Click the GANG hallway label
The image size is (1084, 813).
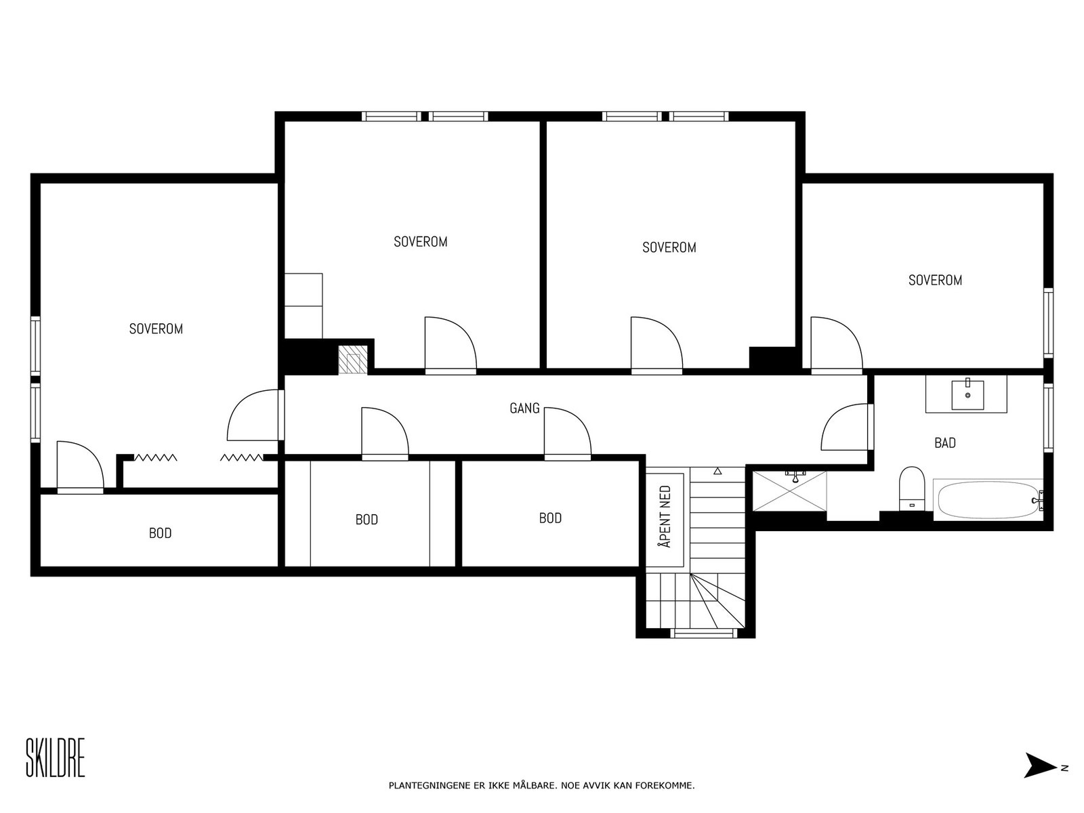tap(524, 409)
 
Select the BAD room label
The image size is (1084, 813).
tap(944, 443)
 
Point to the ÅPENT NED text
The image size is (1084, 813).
tap(666, 516)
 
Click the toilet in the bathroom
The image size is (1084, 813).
tap(912, 488)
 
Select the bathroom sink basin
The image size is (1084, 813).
tap(967, 394)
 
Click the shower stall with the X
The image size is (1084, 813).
tap(789, 491)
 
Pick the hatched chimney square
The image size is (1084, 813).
tap(352, 360)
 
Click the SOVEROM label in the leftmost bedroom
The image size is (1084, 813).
tap(156, 329)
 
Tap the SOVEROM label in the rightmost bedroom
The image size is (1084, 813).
tap(936, 280)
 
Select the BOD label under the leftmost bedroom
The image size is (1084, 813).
tap(161, 533)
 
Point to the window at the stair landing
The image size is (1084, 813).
tap(704, 633)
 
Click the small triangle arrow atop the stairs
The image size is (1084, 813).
tap(717, 472)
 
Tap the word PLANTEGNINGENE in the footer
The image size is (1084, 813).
tap(428, 785)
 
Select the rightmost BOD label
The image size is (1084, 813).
tap(550, 518)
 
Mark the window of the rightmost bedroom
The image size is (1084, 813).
tap(1048, 323)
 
